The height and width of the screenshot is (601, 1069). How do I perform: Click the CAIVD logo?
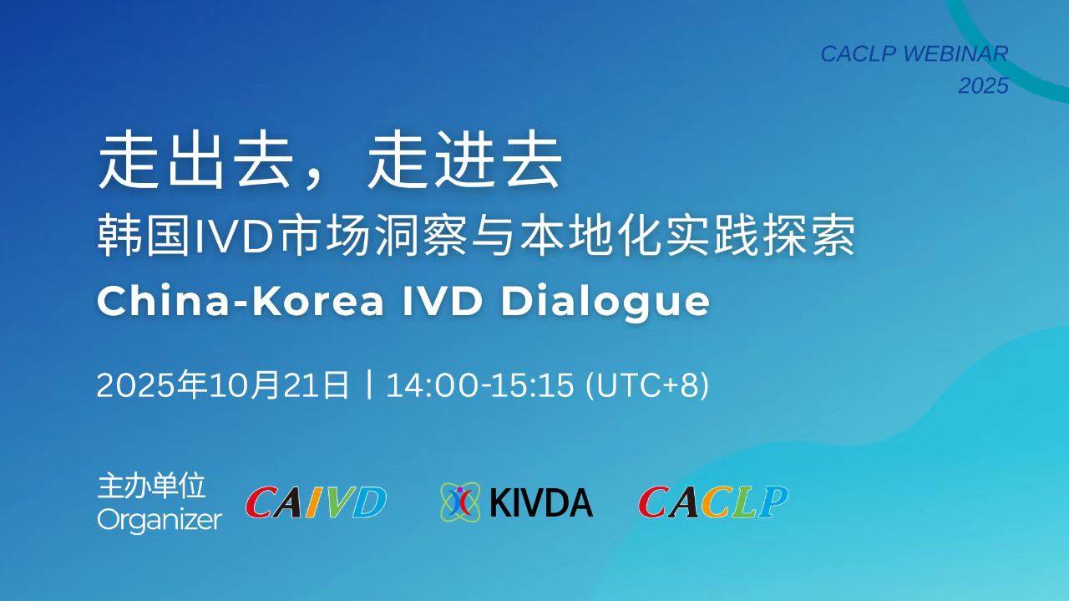click(316, 502)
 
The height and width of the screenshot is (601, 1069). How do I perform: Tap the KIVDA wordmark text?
click(541, 502)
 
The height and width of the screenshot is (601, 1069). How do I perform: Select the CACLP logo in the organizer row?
click(713, 502)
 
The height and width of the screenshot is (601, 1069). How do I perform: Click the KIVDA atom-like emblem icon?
click(459, 502)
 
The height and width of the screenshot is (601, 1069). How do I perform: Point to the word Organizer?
click(160, 521)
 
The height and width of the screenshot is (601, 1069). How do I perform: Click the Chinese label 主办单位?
click(151, 486)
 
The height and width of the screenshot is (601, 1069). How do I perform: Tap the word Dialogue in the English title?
click(605, 302)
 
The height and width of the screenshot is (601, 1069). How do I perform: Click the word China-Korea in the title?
click(241, 301)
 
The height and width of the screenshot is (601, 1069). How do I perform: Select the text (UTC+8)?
click(647, 385)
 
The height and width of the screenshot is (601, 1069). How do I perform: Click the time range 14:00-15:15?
click(479, 385)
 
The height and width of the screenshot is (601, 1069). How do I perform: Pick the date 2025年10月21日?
click(223, 385)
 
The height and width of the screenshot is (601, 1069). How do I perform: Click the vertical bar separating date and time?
click(368, 385)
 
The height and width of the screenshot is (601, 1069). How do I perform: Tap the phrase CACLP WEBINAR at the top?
click(914, 53)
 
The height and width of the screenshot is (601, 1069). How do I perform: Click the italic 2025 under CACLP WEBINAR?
click(984, 86)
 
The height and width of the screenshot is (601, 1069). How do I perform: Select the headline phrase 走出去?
click(195, 160)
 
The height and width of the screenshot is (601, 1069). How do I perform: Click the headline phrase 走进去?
click(464, 160)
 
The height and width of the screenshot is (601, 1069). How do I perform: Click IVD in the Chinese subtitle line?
click(235, 236)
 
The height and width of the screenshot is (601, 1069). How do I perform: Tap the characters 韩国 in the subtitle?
click(144, 236)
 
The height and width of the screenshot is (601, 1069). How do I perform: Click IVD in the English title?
click(442, 301)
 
